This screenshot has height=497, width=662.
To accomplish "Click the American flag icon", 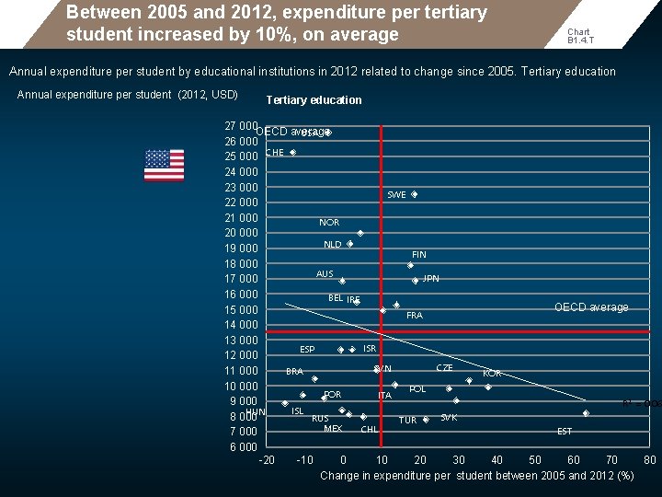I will tap(164, 166).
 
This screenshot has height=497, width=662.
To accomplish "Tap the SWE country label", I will tap(396, 195).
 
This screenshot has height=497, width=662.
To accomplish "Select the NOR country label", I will tap(329, 223).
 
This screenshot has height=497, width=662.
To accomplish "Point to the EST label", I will tap(565, 432).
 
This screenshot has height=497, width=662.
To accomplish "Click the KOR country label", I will tap(492, 374).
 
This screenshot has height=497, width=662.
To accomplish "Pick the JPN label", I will tap(430, 279).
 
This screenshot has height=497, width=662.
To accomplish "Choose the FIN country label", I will tap(418, 255).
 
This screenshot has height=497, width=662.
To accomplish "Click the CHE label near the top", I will tap(275, 153).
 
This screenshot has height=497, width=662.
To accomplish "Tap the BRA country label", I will tap(294, 372).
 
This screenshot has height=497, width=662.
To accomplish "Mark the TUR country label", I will tap(407, 421).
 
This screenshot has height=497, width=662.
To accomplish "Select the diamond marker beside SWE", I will tap(415, 195).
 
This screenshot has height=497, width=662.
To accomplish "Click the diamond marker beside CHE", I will tap(292, 153).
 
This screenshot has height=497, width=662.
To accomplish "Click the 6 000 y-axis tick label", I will tap(244, 446).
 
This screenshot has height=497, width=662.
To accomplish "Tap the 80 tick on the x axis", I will tap(650, 460).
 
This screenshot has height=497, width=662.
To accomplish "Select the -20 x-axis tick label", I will tap(267, 460).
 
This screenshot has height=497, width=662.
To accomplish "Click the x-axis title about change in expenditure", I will tap(477, 476).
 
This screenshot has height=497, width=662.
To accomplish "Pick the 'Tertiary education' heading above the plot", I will tap(314, 100).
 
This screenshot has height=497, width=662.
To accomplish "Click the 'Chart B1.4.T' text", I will tap(579, 36).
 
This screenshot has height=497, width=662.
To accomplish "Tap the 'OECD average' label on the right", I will tap(591, 307).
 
